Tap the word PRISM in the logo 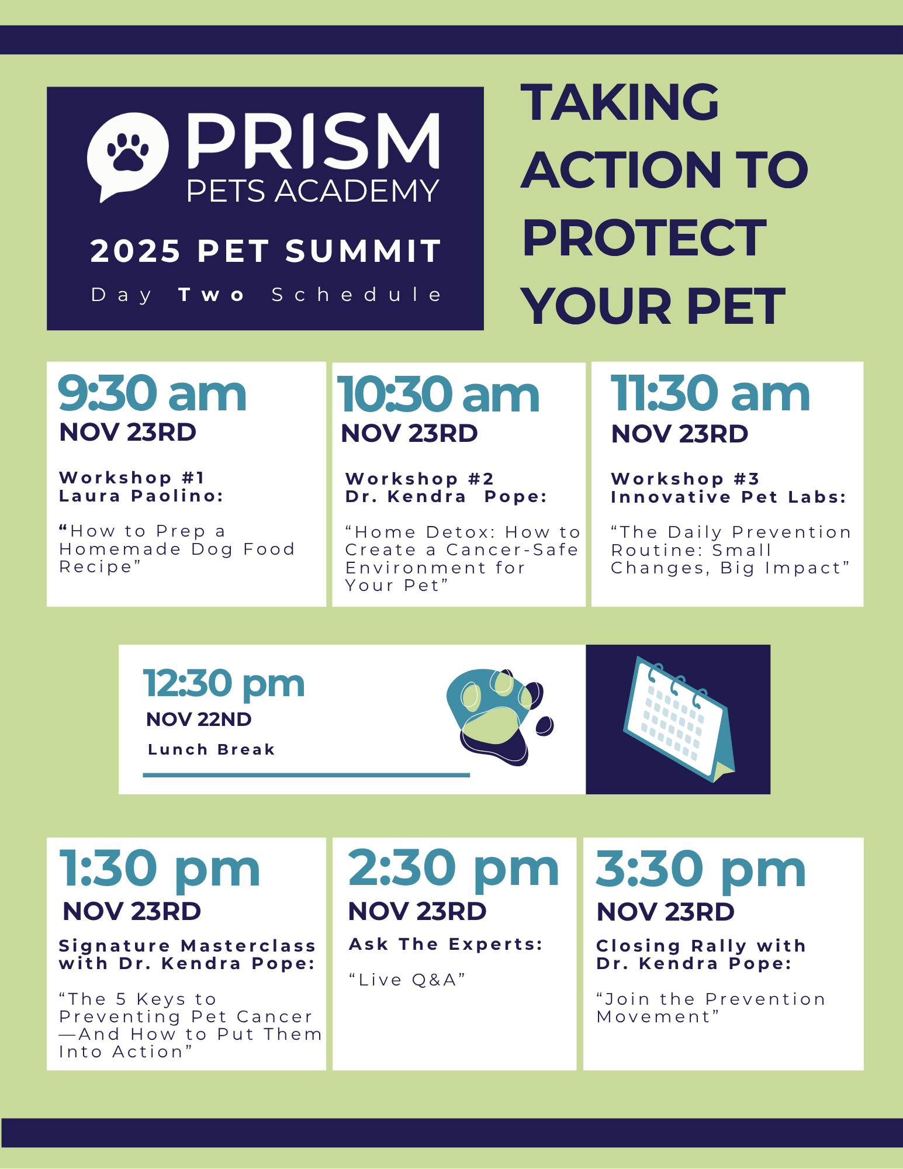pos(313,140)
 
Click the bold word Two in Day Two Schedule pos(211,295)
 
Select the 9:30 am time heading pos(152,393)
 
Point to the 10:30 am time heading pos(438,395)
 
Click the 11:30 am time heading pos(710,393)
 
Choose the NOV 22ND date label pos(199,720)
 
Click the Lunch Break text pos(211,750)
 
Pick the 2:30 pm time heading pos(454,870)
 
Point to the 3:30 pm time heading pos(701,870)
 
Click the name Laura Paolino pos(141,496)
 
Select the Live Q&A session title pos(407,980)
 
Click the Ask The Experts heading pos(446,945)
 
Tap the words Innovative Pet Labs pos(728,497)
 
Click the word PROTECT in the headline pos(644,238)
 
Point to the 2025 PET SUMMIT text pos(266,251)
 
